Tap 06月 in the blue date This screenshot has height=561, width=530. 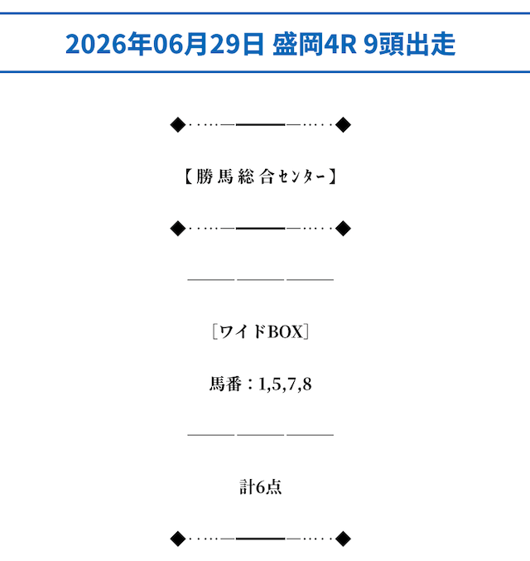pos(181,44)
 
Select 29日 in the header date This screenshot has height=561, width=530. pos(237,44)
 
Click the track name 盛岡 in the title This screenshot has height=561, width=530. pos(298,44)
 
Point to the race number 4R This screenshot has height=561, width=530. pos(340,44)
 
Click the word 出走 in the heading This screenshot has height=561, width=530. pos(431,44)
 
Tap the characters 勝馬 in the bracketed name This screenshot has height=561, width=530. pos(214,177)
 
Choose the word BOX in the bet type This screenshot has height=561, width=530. pos(285,332)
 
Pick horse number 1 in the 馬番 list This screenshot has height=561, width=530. pos(263,384)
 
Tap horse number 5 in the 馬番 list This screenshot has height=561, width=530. pos(276,384)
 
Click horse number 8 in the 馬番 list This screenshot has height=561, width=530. pos(307,384)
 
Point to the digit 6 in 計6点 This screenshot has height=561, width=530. pos(260,487)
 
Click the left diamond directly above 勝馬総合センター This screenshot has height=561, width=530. pos(178,124)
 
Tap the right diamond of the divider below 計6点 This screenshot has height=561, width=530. pos(343,539)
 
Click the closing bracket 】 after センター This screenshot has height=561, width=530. pos(332,177)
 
